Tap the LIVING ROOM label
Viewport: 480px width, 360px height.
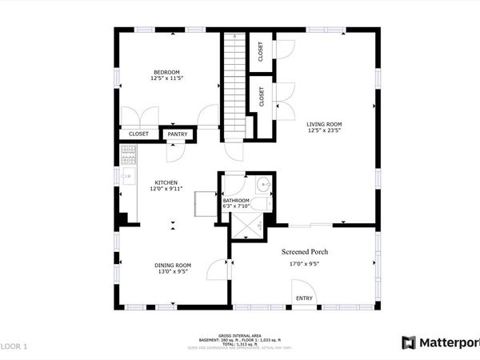click(x=324, y=124)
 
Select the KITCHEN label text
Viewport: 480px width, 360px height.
click(x=166, y=182)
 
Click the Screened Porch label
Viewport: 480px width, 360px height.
click(x=304, y=252)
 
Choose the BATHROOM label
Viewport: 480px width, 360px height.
click(x=236, y=201)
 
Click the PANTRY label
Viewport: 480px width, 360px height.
click(x=178, y=134)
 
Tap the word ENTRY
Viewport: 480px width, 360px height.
click(x=304, y=298)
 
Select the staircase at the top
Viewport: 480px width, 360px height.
click(x=233, y=76)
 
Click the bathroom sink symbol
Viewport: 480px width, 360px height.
click(x=265, y=183)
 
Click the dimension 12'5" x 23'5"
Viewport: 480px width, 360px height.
click(x=324, y=131)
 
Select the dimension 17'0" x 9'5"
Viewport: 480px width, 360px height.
click(x=304, y=264)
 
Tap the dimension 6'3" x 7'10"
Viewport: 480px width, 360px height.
click(x=236, y=207)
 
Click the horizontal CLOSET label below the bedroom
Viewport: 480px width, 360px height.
click(x=138, y=134)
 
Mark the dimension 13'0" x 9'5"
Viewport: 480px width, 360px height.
click(x=172, y=272)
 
